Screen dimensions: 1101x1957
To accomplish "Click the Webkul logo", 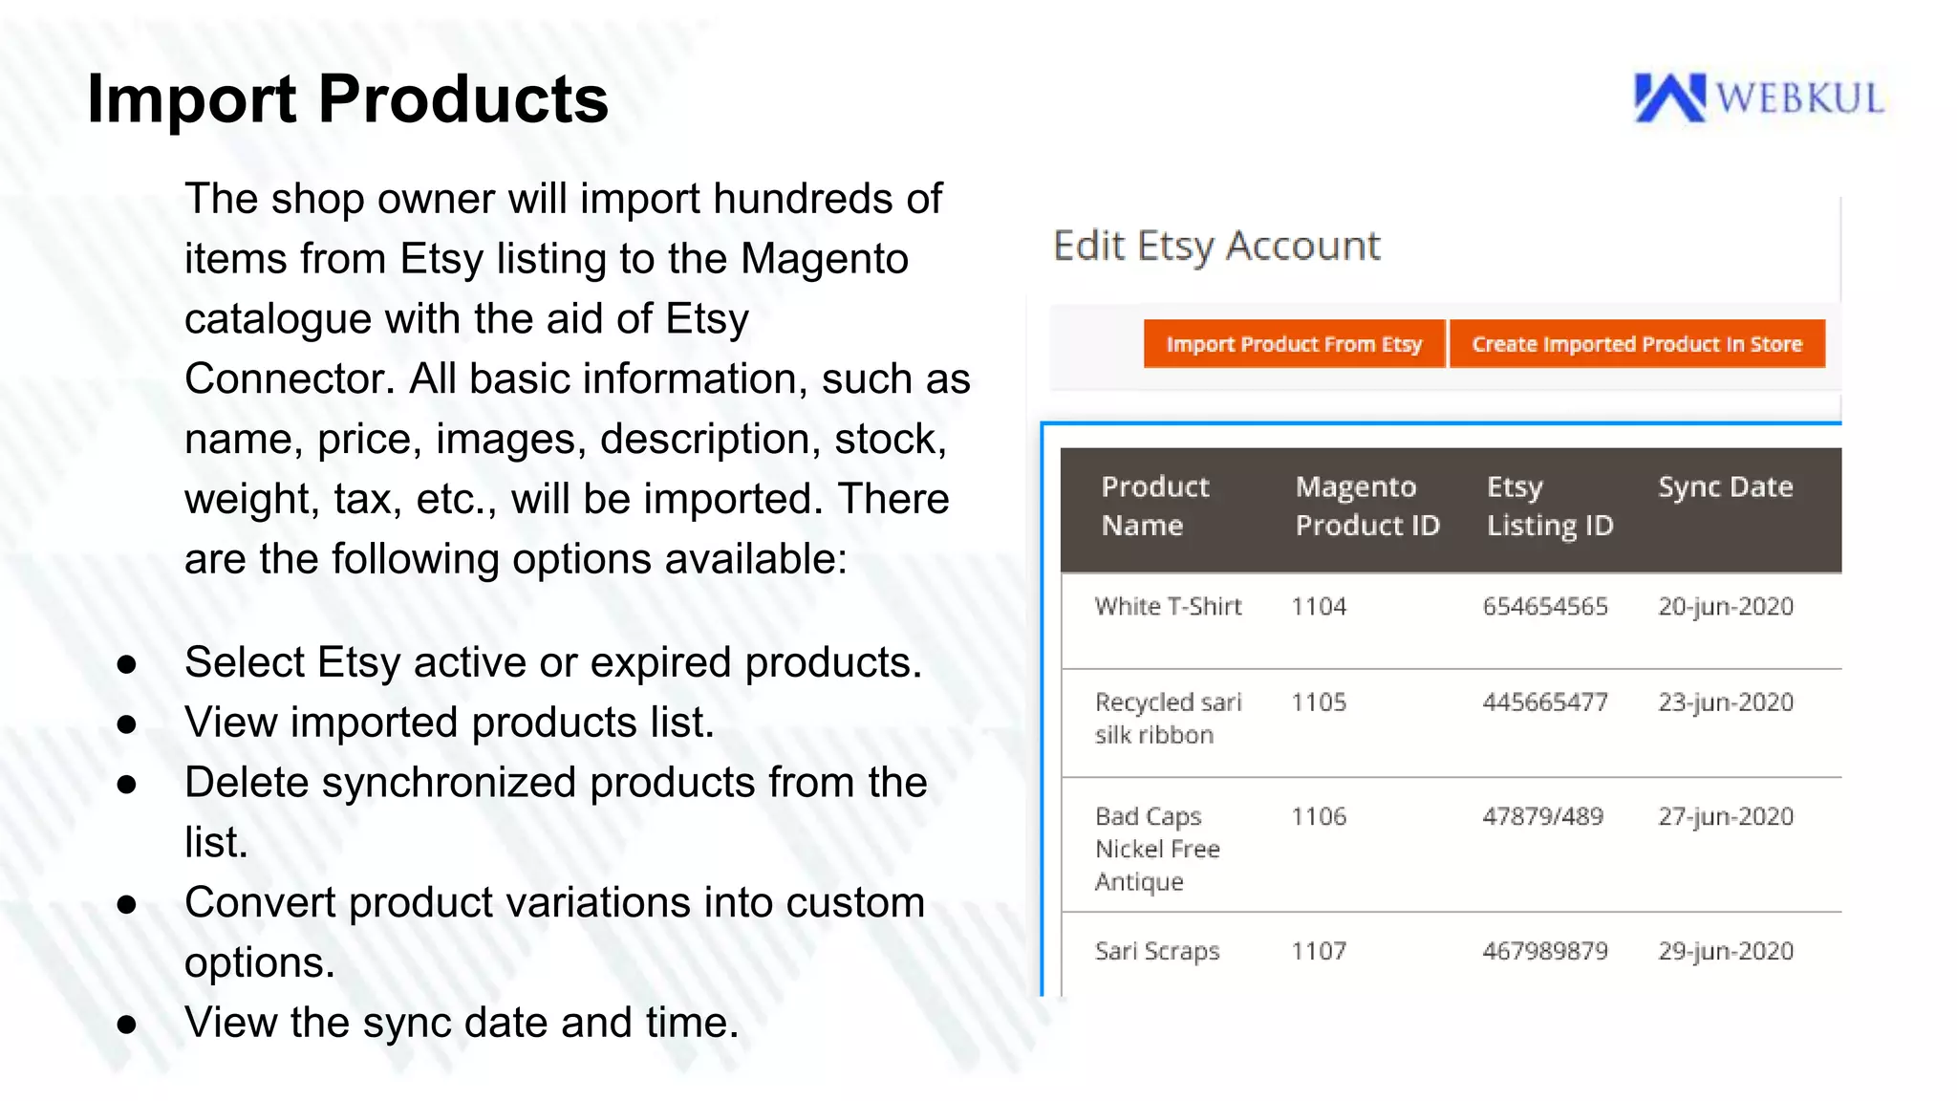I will (1758, 98).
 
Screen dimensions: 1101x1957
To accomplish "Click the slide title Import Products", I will (348, 99).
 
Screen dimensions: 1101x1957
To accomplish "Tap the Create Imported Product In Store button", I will (1636, 344).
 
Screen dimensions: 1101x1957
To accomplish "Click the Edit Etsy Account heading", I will (1215, 247).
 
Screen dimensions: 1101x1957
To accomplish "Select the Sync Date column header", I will (1725, 487).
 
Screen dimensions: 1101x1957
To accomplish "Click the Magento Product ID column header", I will (1366, 507).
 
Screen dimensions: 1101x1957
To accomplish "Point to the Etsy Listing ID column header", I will (1549, 507).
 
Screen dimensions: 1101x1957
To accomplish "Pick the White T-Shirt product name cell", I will (1168, 607).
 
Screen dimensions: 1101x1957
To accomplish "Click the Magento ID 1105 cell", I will (1319, 702).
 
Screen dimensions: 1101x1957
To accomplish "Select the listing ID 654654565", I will (1545, 607).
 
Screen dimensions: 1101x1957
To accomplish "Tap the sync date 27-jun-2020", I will (1725, 817).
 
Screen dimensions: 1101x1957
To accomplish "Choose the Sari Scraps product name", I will (1157, 952).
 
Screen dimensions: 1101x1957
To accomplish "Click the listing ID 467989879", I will (1545, 952).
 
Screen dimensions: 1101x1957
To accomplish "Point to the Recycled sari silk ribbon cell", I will (1168, 719).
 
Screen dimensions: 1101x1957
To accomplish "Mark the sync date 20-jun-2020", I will (1725, 607).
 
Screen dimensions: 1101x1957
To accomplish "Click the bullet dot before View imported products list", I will (126, 724).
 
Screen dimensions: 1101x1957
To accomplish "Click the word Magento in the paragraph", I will (824, 260).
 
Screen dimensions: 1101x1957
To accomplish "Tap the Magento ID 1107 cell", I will (1319, 952).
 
